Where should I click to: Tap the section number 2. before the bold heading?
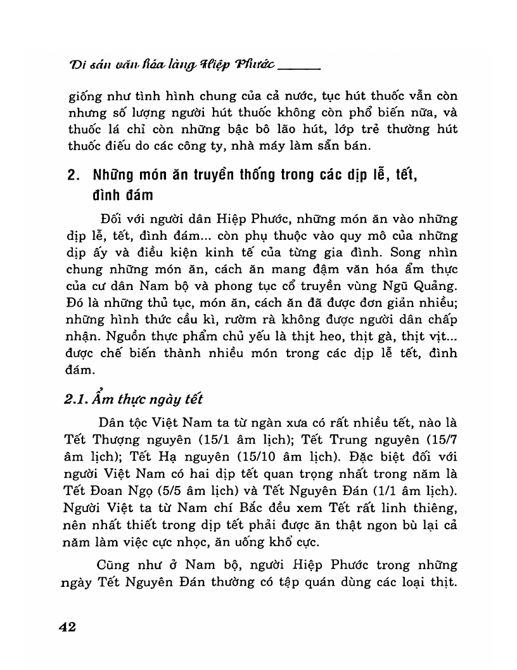click(x=73, y=175)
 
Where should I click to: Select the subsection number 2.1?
click(x=77, y=400)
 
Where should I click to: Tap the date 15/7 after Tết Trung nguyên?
click(x=443, y=421)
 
